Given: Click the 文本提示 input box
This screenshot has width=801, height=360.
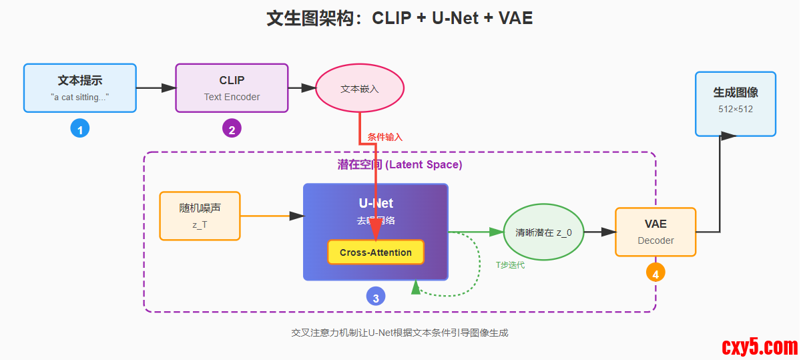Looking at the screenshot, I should click(80, 87).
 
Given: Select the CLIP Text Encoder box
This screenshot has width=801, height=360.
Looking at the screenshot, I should click(232, 87).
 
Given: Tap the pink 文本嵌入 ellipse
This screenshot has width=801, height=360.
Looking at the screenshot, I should click(360, 89).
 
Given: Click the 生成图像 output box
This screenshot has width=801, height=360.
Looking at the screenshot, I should click(736, 104).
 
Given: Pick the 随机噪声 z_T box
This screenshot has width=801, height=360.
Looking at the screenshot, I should click(200, 216).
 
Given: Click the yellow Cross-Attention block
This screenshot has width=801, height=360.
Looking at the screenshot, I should click(375, 252).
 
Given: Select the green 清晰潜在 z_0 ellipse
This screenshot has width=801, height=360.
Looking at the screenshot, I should click(542, 232).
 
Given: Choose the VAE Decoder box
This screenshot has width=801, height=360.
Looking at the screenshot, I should click(655, 232).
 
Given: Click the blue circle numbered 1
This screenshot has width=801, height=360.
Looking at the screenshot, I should click(80, 130).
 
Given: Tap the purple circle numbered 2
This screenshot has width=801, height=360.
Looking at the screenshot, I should click(232, 130).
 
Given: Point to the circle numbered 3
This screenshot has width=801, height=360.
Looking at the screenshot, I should click(376, 298).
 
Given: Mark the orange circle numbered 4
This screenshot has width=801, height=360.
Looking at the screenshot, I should click(655, 273).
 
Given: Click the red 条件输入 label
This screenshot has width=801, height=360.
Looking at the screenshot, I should click(385, 137).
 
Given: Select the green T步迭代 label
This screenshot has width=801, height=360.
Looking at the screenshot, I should click(510, 265).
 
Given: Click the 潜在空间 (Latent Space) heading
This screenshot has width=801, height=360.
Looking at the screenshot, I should click(400, 164).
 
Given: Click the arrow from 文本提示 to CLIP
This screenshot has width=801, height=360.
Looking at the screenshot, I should click(156, 87).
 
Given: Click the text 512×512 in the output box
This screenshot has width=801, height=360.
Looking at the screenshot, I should click(736, 110).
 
